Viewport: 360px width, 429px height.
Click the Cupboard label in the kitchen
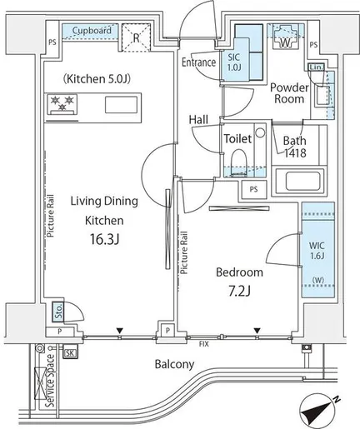[x=92, y=30]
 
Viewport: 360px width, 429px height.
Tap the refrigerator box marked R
[x=136, y=37]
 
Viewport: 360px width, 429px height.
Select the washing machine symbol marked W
[x=284, y=37]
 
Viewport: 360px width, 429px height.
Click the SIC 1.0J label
[x=234, y=62]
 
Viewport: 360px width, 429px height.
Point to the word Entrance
[x=198, y=62]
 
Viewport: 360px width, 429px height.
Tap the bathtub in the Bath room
[x=299, y=181]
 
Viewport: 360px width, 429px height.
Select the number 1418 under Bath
[x=295, y=152]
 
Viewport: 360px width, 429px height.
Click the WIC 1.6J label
[x=317, y=251]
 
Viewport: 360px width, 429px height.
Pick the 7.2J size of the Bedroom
[x=239, y=291]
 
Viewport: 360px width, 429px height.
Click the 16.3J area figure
[x=104, y=239]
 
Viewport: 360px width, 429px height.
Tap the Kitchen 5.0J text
[x=97, y=79]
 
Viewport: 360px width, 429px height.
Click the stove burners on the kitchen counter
[x=62, y=103]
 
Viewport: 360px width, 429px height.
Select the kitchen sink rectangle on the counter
[x=121, y=105]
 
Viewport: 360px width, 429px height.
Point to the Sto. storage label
[x=58, y=312]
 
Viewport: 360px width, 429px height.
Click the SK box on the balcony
[x=70, y=353]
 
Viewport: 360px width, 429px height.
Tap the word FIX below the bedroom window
[x=204, y=344]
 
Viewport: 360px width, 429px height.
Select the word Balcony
[x=174, y=364]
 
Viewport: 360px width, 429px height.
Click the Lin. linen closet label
[x=317, y=67]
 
